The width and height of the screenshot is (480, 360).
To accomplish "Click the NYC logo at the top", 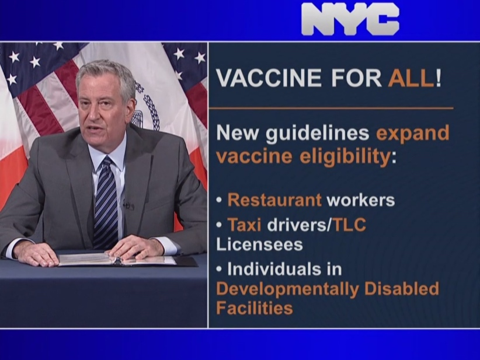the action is pyautogui.click(x=350, y=19).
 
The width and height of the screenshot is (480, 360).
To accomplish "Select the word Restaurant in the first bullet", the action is pyautogui.click(x=274, y=200).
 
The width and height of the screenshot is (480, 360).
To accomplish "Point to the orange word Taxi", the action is pyautogui.click(x=244, y=225).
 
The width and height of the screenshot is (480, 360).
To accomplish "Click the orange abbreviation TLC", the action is pyautogui.click(x=349, y=225).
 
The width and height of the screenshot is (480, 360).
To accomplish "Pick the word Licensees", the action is pyautogui.click(x=260, y=244).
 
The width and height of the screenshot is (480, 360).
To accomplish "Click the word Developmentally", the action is pyautogui.click(x=287, y=289).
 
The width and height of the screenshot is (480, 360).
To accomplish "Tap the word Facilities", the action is pyautogui.click(x=255, y=307).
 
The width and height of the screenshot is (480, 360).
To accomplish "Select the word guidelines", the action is pyautogui.click(x=317, y=134).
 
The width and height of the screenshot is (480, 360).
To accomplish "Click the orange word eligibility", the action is pyautogui.click(x=345, y=157).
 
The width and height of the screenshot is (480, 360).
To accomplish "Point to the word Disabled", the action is pyautogui.click(x=402, y=288).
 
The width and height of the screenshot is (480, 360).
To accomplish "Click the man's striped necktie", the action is pyautogui.click(x=105, y=202).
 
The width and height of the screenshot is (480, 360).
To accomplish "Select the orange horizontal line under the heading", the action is pyautogui.click(x=331, y=108).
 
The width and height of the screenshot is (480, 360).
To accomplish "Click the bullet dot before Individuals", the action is pyautogui.click(x=219, y=270).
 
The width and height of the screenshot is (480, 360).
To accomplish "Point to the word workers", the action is pyautogui.click(x=361, y=200).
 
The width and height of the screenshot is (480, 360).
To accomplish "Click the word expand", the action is pyautogui.click(x=413, y=134).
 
